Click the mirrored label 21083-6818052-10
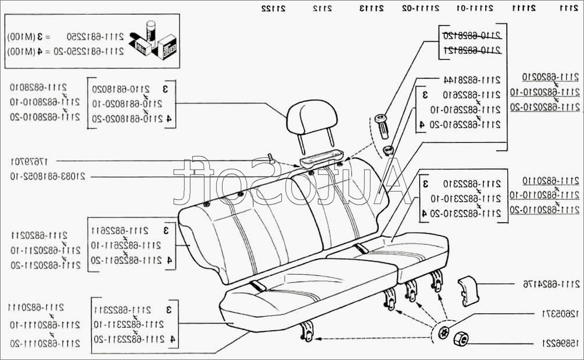53,176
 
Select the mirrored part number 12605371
558,314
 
